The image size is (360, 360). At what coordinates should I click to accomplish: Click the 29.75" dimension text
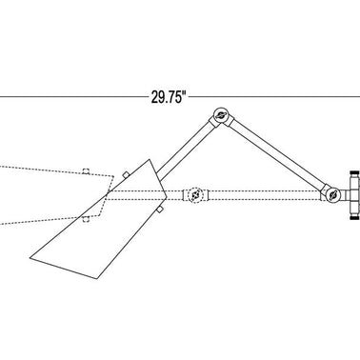(x=168, y=97)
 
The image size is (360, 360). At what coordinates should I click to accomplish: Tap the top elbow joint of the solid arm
(x=221, y=116)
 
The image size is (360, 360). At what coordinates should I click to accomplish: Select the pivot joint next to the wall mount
(x=333, y=194)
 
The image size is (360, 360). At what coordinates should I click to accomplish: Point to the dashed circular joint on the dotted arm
(x=194, y=195)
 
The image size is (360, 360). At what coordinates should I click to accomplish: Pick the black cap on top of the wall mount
(x=355, y=172)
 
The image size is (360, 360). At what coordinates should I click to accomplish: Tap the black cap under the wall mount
(x=355, y=218)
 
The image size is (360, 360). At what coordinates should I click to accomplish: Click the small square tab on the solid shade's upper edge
(x=126, y=175)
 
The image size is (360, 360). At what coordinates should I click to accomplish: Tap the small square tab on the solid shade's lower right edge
(x=160, y=209)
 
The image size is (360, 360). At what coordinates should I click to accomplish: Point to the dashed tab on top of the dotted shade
(x=86, y=171)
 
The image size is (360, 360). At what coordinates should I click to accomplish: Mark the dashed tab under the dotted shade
(x=85, y=219)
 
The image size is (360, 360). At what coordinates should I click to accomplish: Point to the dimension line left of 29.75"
(x=73, y=96)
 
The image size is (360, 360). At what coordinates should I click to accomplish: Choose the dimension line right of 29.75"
(x=275, y=96)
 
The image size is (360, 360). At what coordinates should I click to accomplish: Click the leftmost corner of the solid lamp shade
(x=30, y=258)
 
